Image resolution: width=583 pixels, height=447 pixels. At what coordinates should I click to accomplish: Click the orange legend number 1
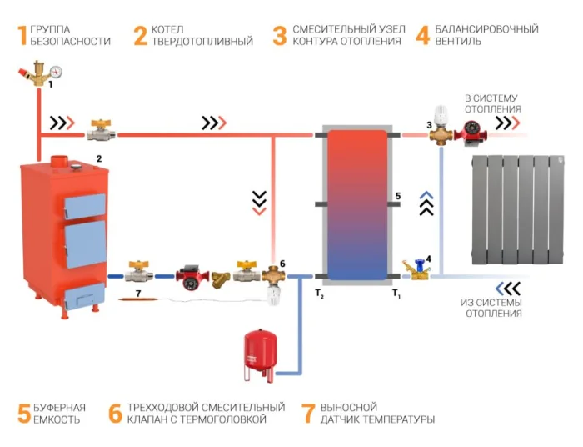(21, 35)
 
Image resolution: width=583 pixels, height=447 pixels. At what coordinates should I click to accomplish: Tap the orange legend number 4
(422, 35)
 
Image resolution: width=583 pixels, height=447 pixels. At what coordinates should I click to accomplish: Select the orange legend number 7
(308, 413)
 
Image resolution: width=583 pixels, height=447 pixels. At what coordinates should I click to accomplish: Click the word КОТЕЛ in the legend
(172, 29)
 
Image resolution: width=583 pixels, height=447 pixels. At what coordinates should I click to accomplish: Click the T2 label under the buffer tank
(319, 293)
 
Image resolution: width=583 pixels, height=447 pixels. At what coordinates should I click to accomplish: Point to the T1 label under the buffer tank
(397, 293)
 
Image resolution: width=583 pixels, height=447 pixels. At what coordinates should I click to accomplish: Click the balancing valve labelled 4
(414, 269)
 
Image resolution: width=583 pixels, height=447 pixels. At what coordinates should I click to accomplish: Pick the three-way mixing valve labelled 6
(272, 276)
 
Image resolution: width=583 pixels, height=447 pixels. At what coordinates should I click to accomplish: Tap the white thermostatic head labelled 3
(439, 116)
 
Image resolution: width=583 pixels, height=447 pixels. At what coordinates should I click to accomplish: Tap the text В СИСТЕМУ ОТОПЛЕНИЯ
(492, 103)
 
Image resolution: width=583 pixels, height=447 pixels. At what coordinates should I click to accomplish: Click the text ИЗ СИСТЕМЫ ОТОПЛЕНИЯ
(492, 307)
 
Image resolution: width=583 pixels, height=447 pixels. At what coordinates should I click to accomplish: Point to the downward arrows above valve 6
(259, 201)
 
